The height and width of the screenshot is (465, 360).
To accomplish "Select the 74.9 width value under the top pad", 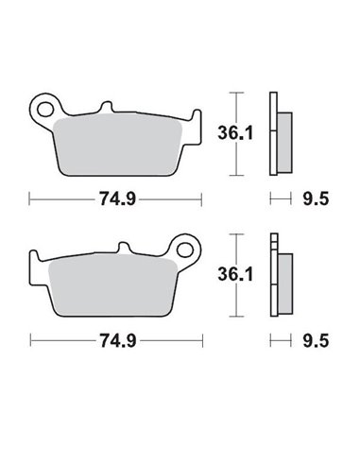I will tap(114, 199).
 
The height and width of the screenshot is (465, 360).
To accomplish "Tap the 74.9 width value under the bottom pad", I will tap(114, 339).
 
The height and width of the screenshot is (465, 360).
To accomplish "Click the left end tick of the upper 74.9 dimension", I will tap(31, 198).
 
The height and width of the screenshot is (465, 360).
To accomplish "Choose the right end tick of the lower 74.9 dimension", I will tap(200, 339).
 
